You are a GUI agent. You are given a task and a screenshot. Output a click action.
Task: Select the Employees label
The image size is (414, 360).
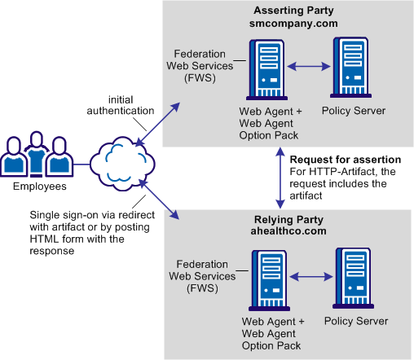(37, 187)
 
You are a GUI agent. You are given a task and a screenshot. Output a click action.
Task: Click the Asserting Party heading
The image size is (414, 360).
(288, 11)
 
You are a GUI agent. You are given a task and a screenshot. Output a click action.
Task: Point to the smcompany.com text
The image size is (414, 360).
(288, 24)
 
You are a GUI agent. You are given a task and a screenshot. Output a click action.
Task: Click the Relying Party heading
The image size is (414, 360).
(288, 219)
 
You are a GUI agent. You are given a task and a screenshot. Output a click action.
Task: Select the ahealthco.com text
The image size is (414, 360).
(288, 232)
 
